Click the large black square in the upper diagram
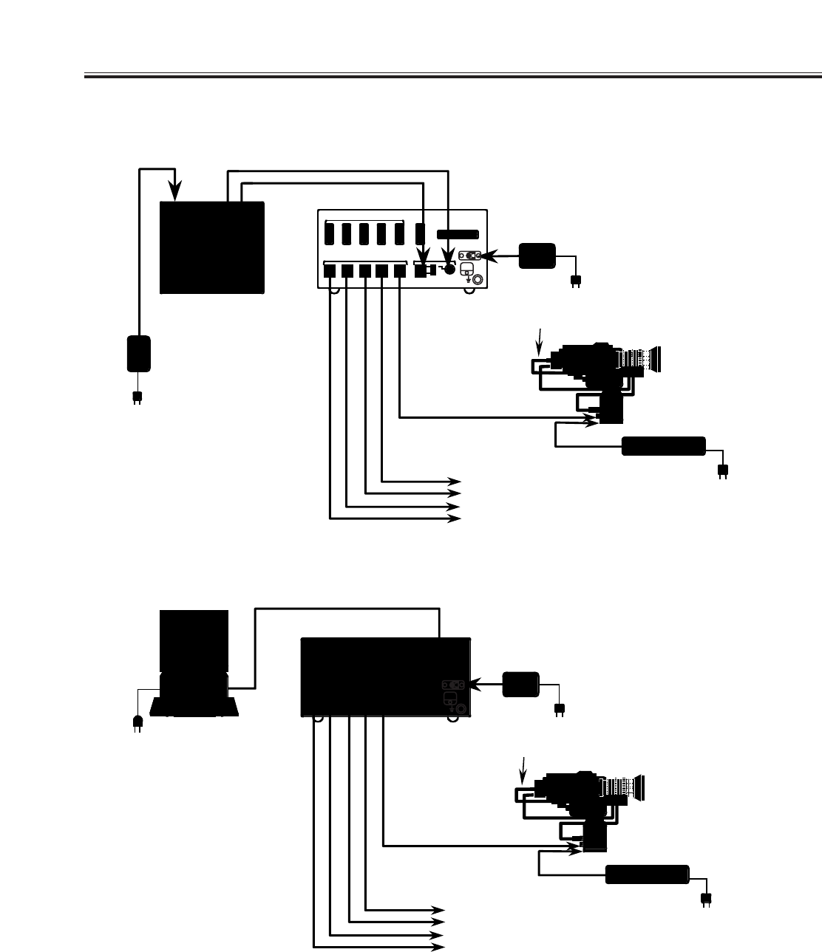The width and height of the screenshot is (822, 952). (212, 247)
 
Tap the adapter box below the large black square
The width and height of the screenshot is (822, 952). (139, 354)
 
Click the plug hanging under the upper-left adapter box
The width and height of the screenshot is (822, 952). (137, 397)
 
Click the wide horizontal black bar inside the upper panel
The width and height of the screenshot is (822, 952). (458, 235)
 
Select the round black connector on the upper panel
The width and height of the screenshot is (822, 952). (448, 270)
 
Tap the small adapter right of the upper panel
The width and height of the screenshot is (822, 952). (537, 256)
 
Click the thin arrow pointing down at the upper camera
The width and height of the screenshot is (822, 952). (540, 340)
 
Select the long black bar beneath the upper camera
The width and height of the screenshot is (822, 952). (663, 446)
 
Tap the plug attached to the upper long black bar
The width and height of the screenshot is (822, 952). (723, 471)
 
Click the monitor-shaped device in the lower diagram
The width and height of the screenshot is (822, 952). (194, 662)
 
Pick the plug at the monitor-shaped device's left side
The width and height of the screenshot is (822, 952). (136, 722)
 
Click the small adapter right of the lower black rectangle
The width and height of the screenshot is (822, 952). (520, 685)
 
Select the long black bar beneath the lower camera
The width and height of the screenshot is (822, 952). (647, 874)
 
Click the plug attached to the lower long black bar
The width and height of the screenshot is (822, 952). (705, 899)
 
